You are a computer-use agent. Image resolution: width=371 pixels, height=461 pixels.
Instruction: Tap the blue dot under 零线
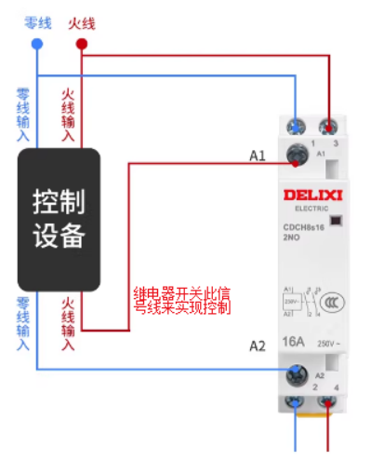click(36, 44)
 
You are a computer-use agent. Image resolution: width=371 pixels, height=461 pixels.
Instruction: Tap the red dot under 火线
click(81, 44)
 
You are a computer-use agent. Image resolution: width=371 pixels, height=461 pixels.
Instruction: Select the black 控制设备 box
click(59, 218)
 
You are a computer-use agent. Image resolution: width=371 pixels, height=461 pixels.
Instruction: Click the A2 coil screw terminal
click(298, 373)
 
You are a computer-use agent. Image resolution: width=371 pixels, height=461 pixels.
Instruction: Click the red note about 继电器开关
click(181, 301)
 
